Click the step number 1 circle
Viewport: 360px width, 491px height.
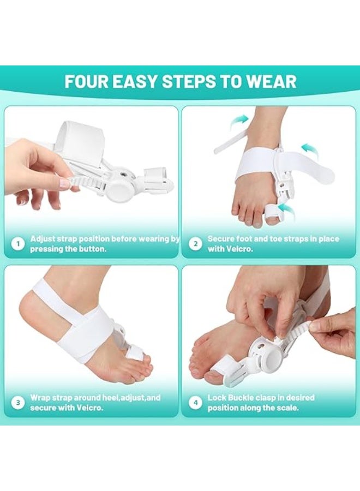click(19, 244)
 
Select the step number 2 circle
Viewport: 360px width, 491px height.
click(196, 244)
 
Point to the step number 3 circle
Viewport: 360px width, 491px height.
click(19, 403)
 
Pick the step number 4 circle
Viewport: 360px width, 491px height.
click(196, 403)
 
